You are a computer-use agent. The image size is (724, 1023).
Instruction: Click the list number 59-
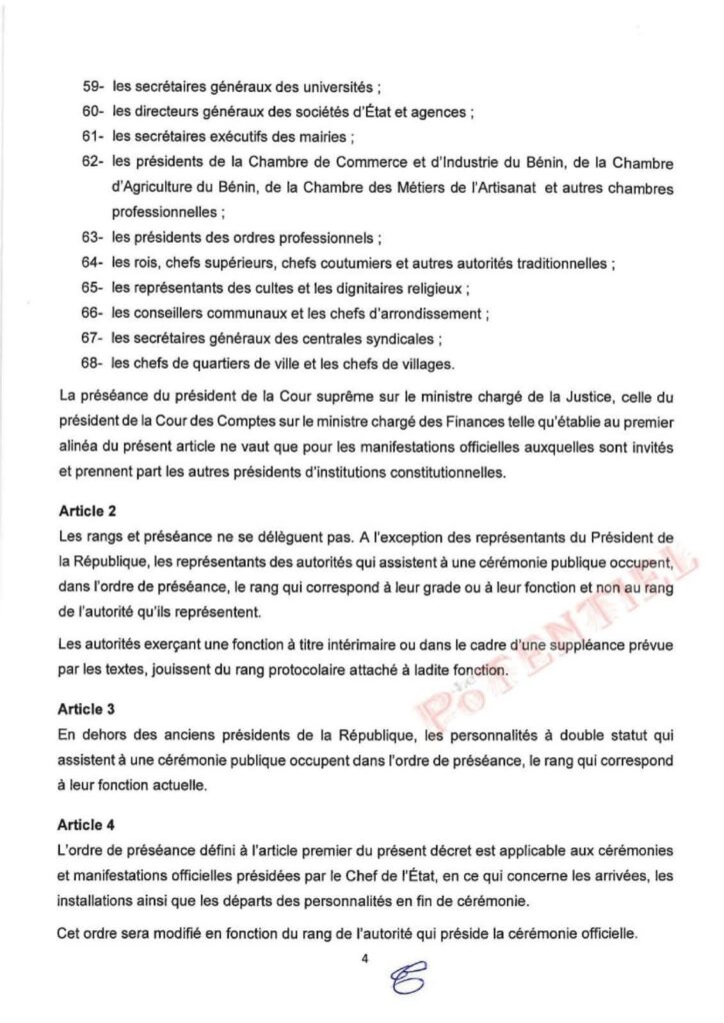point(94,87)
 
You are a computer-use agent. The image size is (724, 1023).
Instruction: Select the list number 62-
point(94,162)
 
